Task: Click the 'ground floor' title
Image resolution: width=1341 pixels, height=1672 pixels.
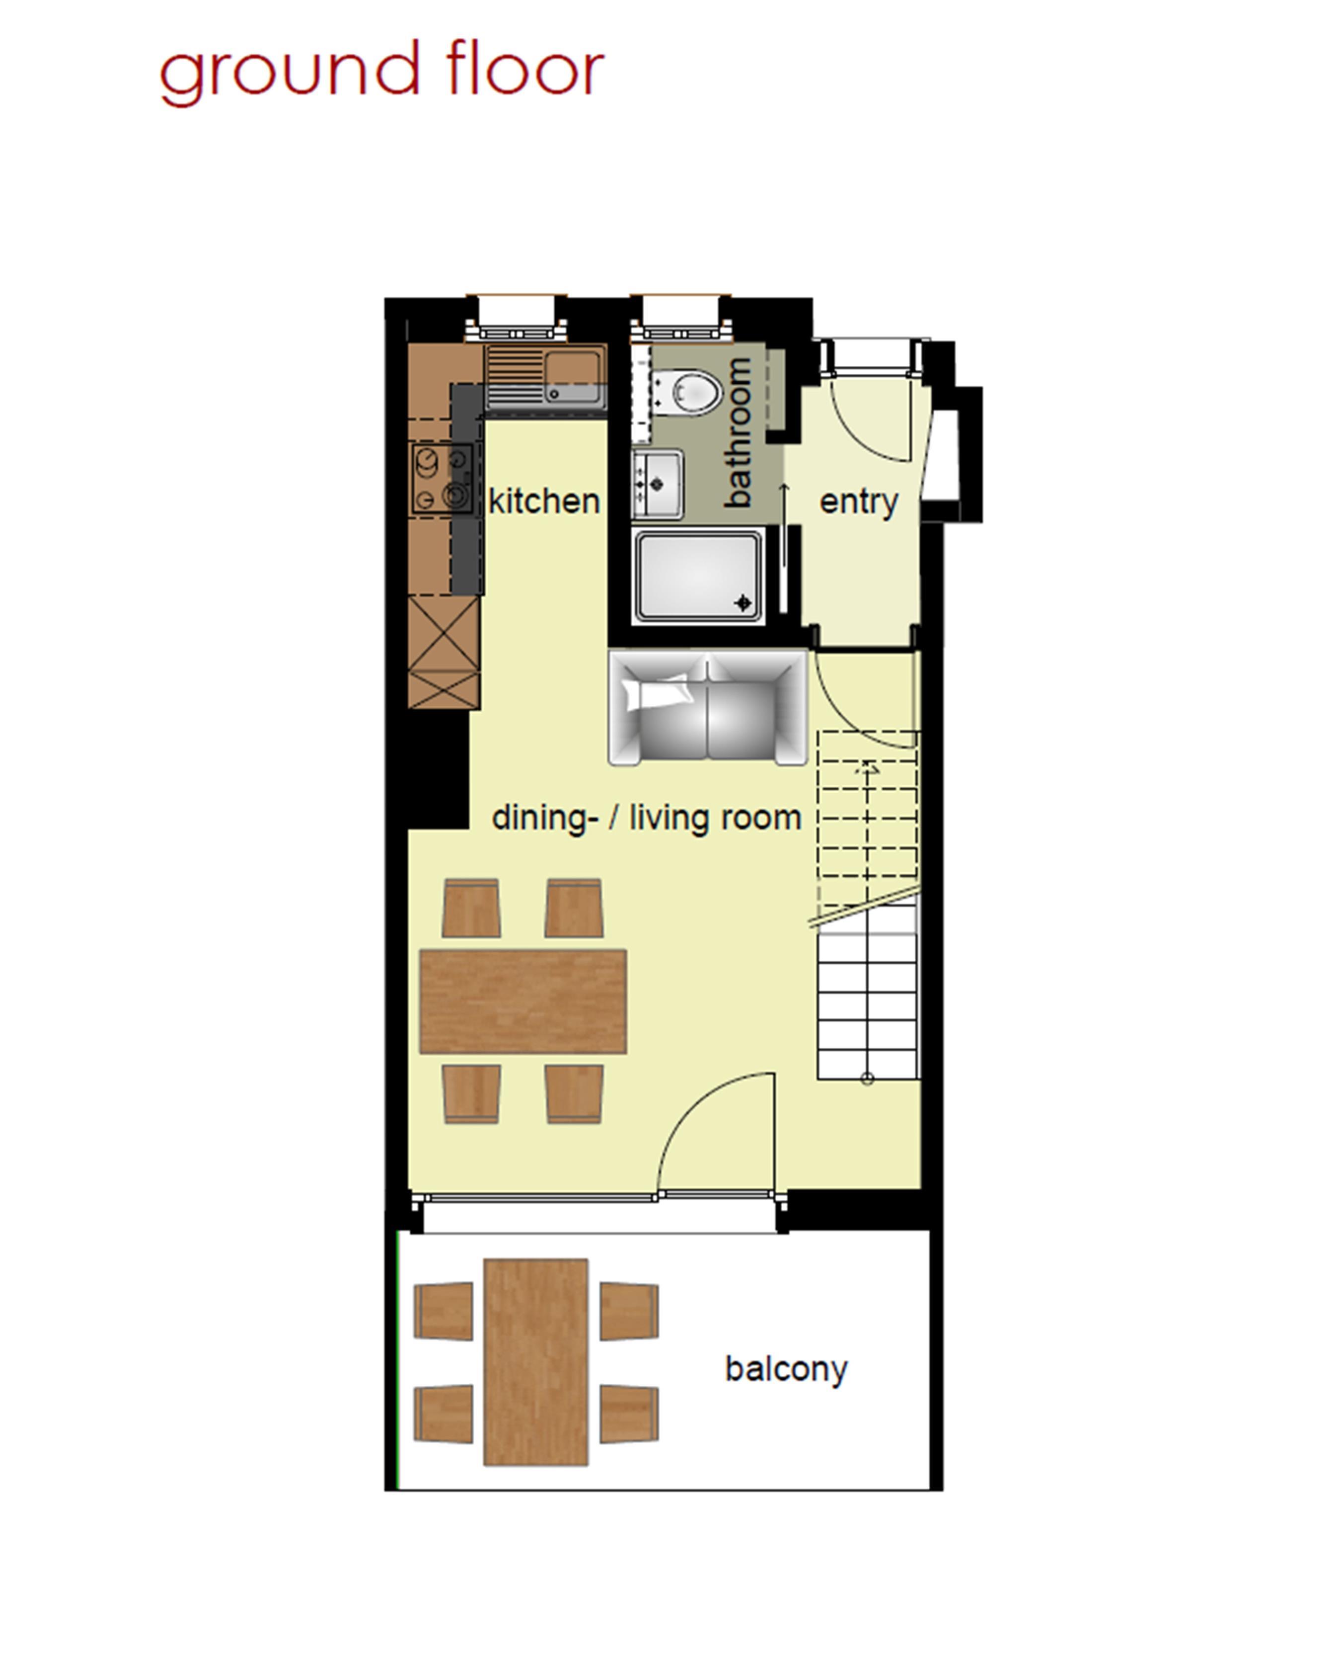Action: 381,74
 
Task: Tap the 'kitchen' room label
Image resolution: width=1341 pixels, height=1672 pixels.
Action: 544,501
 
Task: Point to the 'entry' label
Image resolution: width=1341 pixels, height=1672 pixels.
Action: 859,502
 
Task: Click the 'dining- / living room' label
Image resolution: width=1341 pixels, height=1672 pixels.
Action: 647,818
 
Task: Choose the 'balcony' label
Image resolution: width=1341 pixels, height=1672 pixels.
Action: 786,1369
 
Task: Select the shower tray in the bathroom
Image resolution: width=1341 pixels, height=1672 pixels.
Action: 699,576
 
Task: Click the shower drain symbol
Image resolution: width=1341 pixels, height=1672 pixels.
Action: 744,602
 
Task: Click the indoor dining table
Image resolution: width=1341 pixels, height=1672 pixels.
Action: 523,1001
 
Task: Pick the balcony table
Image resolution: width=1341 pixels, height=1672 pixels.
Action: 535,1362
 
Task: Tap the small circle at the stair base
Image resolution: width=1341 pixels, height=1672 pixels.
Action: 867,1079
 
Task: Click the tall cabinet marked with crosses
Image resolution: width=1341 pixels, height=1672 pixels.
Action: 444,652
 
